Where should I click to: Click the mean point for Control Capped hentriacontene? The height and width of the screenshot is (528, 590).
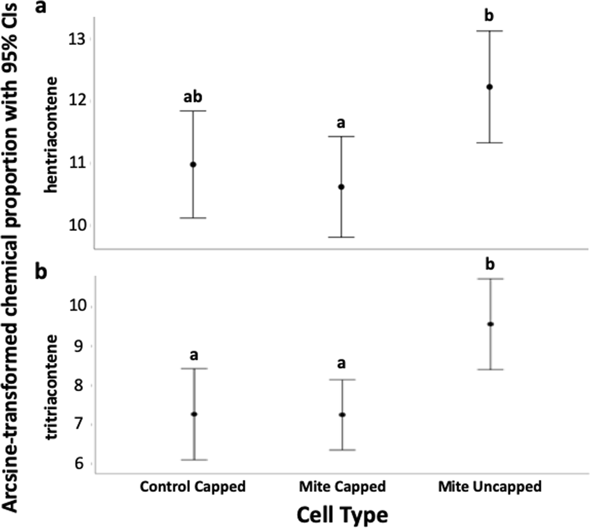coord(194,164)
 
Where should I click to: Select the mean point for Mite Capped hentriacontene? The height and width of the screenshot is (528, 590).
coord(341,187)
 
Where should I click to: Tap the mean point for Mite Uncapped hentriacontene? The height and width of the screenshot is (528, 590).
coord(489,87)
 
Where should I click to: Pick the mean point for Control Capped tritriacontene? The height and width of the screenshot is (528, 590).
coord(194,414)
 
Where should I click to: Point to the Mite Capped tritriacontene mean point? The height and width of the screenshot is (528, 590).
coord(341,414)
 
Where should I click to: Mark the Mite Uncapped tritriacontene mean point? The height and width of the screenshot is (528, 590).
coord(489,324)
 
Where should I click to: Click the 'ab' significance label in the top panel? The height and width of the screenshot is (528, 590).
coord(194,98)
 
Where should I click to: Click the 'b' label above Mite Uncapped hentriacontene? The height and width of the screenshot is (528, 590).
coord(489,17)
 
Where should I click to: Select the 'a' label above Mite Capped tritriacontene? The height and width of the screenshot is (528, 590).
coord(341,363)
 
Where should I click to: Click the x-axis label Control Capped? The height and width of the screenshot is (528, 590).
coord(193,487)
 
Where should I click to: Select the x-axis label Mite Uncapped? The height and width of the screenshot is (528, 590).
coord(490,487)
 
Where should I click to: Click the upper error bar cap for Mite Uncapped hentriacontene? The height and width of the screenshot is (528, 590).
coord(489,31)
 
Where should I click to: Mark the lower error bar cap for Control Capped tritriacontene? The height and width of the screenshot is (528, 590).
coord(194,459)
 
